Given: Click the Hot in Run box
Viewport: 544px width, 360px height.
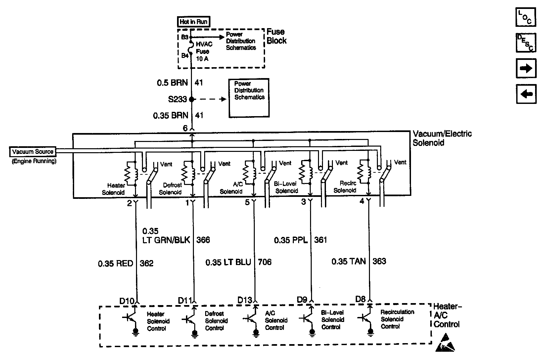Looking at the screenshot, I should (194, 22).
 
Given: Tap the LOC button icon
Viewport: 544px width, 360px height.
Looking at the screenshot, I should (526, 17).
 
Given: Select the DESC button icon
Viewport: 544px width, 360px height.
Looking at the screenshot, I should (526, 43).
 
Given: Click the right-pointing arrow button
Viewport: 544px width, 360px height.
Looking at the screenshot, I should (526, 68).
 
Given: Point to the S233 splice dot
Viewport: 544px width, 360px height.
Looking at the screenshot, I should (192, 99).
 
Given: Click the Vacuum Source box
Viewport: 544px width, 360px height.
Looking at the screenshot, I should (33, 152).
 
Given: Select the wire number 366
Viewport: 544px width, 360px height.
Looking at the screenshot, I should (203, 240).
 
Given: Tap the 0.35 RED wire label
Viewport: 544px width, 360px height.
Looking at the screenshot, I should (115, 263).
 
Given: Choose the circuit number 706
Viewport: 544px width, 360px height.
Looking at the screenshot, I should (264, 262).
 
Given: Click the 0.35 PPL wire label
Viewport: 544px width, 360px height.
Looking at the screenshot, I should (291, 240).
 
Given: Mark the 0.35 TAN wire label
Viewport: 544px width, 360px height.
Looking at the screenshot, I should (349, 261).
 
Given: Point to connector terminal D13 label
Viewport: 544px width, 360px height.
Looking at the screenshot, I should (245, 300).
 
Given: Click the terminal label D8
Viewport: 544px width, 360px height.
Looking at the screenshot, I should (360, 299).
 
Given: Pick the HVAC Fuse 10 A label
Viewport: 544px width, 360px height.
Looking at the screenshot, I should (204, 52).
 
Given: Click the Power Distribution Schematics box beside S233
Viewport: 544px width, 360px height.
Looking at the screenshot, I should (249, 98).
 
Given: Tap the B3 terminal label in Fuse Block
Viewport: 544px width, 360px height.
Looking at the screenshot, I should (185, 37).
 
